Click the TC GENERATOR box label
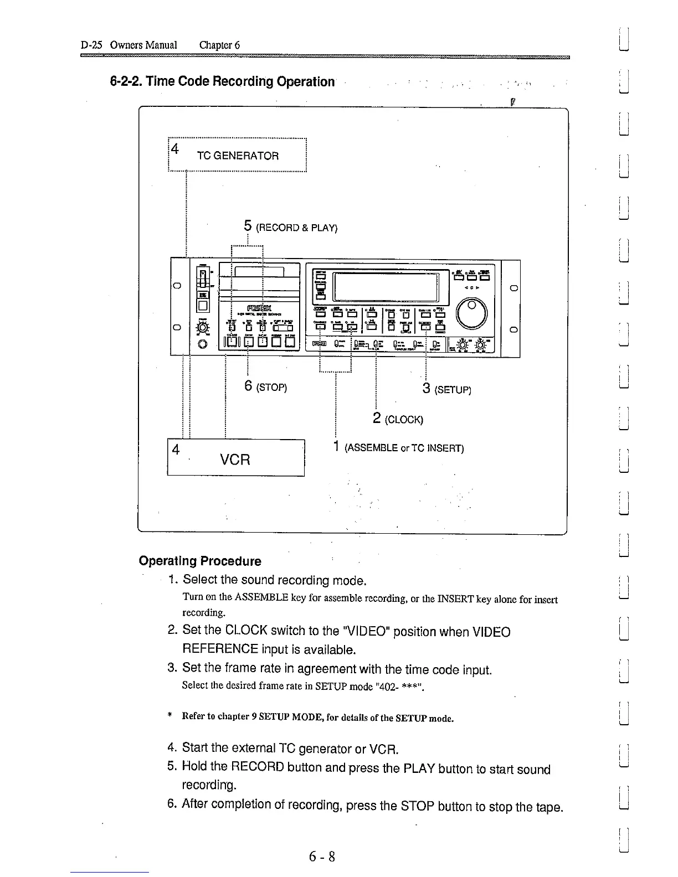pos(238,156)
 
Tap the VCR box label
pos(235,460)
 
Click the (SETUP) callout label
pos(452,390)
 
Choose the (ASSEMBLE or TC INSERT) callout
pos(404,448)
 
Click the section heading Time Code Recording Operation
pos(222,81)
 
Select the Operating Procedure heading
pos(200,561)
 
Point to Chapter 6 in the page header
pos(219,45)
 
